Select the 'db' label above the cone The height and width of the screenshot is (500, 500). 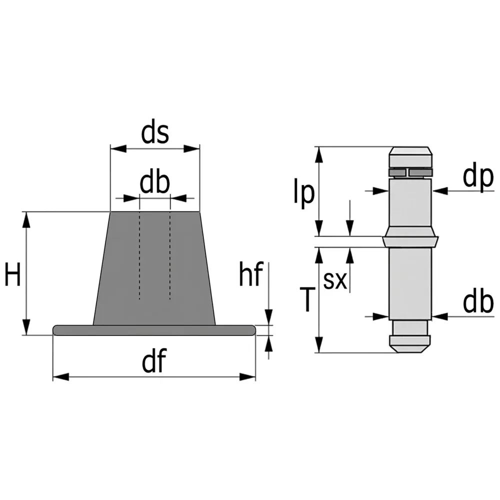pos(155,183)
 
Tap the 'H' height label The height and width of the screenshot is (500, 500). pos(13,274)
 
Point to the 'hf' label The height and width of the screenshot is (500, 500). pos(251,274)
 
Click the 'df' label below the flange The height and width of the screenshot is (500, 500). pos(154,360)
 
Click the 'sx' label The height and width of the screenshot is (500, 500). pos(335,280)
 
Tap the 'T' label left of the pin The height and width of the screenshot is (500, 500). pos(307,299)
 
